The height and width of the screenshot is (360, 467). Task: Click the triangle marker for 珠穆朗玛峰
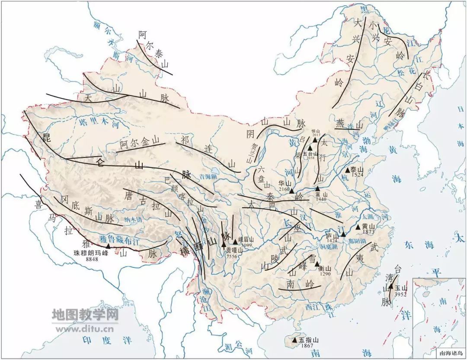pyautogui.click(x=108, y=246)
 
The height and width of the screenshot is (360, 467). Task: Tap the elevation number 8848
pyautogui.click(x=93, y=259)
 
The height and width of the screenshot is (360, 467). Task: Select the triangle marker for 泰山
pyautogui.click(x=347, y=170)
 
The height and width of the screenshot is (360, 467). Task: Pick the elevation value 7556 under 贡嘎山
pyautogui.click(x=232, y=256)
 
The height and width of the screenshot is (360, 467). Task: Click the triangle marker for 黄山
pyautogui.click(x=358, y=227)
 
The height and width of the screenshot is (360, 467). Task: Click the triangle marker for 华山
pyautogui.click(x=291, y=191)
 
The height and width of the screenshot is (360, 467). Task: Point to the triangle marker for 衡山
pyautogui.click(x=317, y=264)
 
